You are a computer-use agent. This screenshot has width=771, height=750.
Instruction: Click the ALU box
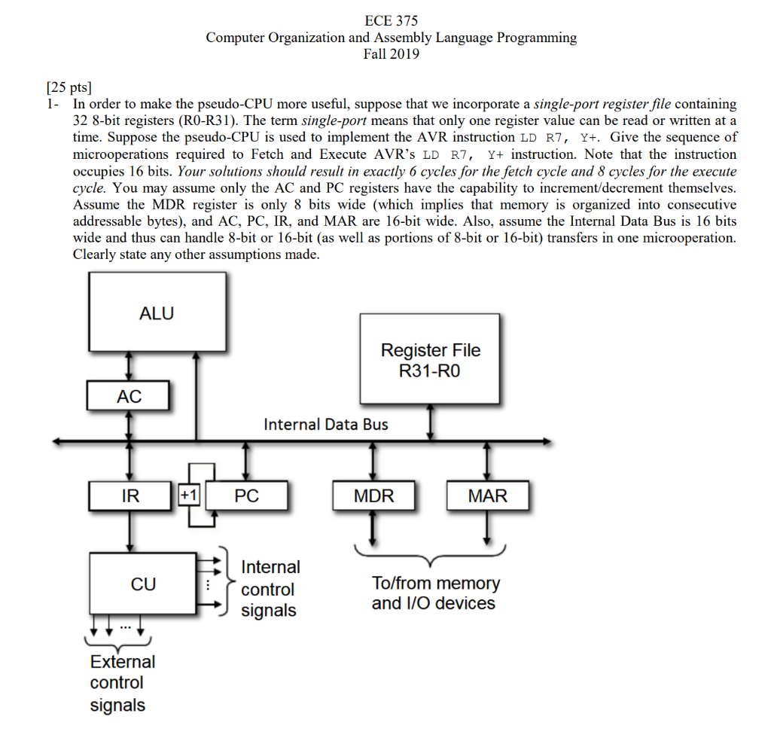click(x=157, y=313)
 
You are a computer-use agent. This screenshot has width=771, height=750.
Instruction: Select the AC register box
click(x=129, y=396)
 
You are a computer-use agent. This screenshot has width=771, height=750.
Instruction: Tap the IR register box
click(x=130, y=495)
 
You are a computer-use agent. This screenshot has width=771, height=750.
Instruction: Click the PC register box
click(x=246, y=495)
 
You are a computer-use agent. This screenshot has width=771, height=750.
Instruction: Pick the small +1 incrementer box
click(x=189, y=495)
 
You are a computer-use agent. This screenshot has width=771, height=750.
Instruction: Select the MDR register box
click(x=373, y=495)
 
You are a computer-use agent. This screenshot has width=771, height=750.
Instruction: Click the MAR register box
click(x=488, y=495)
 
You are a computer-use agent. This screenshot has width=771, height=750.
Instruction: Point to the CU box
click(x=143, y=584)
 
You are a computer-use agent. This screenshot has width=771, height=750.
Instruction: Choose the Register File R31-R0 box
click(x=430, y=359)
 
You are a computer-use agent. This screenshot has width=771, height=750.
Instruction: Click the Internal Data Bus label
click(x=326, y=425)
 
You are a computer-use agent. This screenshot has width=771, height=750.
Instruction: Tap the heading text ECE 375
click(x=391, y=21)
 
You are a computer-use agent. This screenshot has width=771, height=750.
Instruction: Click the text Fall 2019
click(x=391, y=53)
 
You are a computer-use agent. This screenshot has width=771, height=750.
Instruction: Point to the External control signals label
click(x=122, y=683)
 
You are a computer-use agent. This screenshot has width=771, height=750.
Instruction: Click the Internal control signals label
click(x=270, y=589)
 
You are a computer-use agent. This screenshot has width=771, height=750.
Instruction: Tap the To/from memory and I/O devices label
click(x=434, y=593)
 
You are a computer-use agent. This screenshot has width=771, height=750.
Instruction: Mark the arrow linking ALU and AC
click(x=130, y=367)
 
